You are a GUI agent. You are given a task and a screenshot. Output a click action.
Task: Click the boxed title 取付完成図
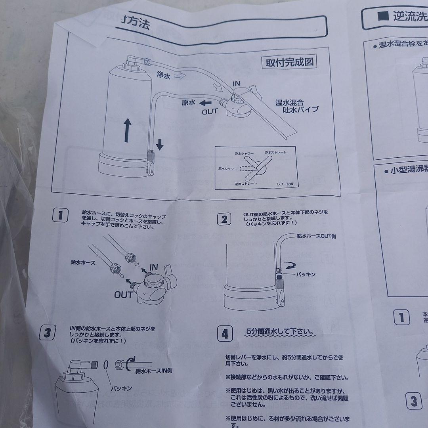pyautogui.click(x=290, y=63)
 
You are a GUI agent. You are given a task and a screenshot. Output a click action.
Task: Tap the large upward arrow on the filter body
pyautogui.click(x=127, y=131)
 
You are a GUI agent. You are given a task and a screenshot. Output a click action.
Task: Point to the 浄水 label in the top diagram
pyautogui.click(x=163, y=75)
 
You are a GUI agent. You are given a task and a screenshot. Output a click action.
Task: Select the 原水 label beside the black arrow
pyautogui.click(x=189, y=102)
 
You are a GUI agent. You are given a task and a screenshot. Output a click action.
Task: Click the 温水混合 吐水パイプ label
pyautogui.click(x=297, y=106)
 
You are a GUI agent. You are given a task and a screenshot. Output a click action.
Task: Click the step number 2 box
pyautogui.click(x=224, y=219)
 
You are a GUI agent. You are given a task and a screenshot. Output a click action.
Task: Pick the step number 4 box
pyautogui.click(x=225, y=334)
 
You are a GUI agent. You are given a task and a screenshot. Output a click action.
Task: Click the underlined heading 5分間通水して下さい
pyautogui.click(x=280, y=331)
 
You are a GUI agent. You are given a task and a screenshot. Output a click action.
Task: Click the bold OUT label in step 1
pyautogui.click(x=123, y=294)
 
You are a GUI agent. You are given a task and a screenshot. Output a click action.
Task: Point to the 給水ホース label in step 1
pyautogui.click(x=83, y=262)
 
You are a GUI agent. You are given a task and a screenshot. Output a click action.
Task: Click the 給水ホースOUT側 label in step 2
pyautogui.click(x=316, y=236)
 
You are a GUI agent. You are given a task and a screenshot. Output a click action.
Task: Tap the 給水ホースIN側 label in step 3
pyautogui.click(x=153, y=371)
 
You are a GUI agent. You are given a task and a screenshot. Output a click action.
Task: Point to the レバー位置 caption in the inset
pyautogui.click(x=285, y=184)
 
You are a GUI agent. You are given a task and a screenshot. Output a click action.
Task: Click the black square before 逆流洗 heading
pyautogui.click(x=383, y=16)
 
